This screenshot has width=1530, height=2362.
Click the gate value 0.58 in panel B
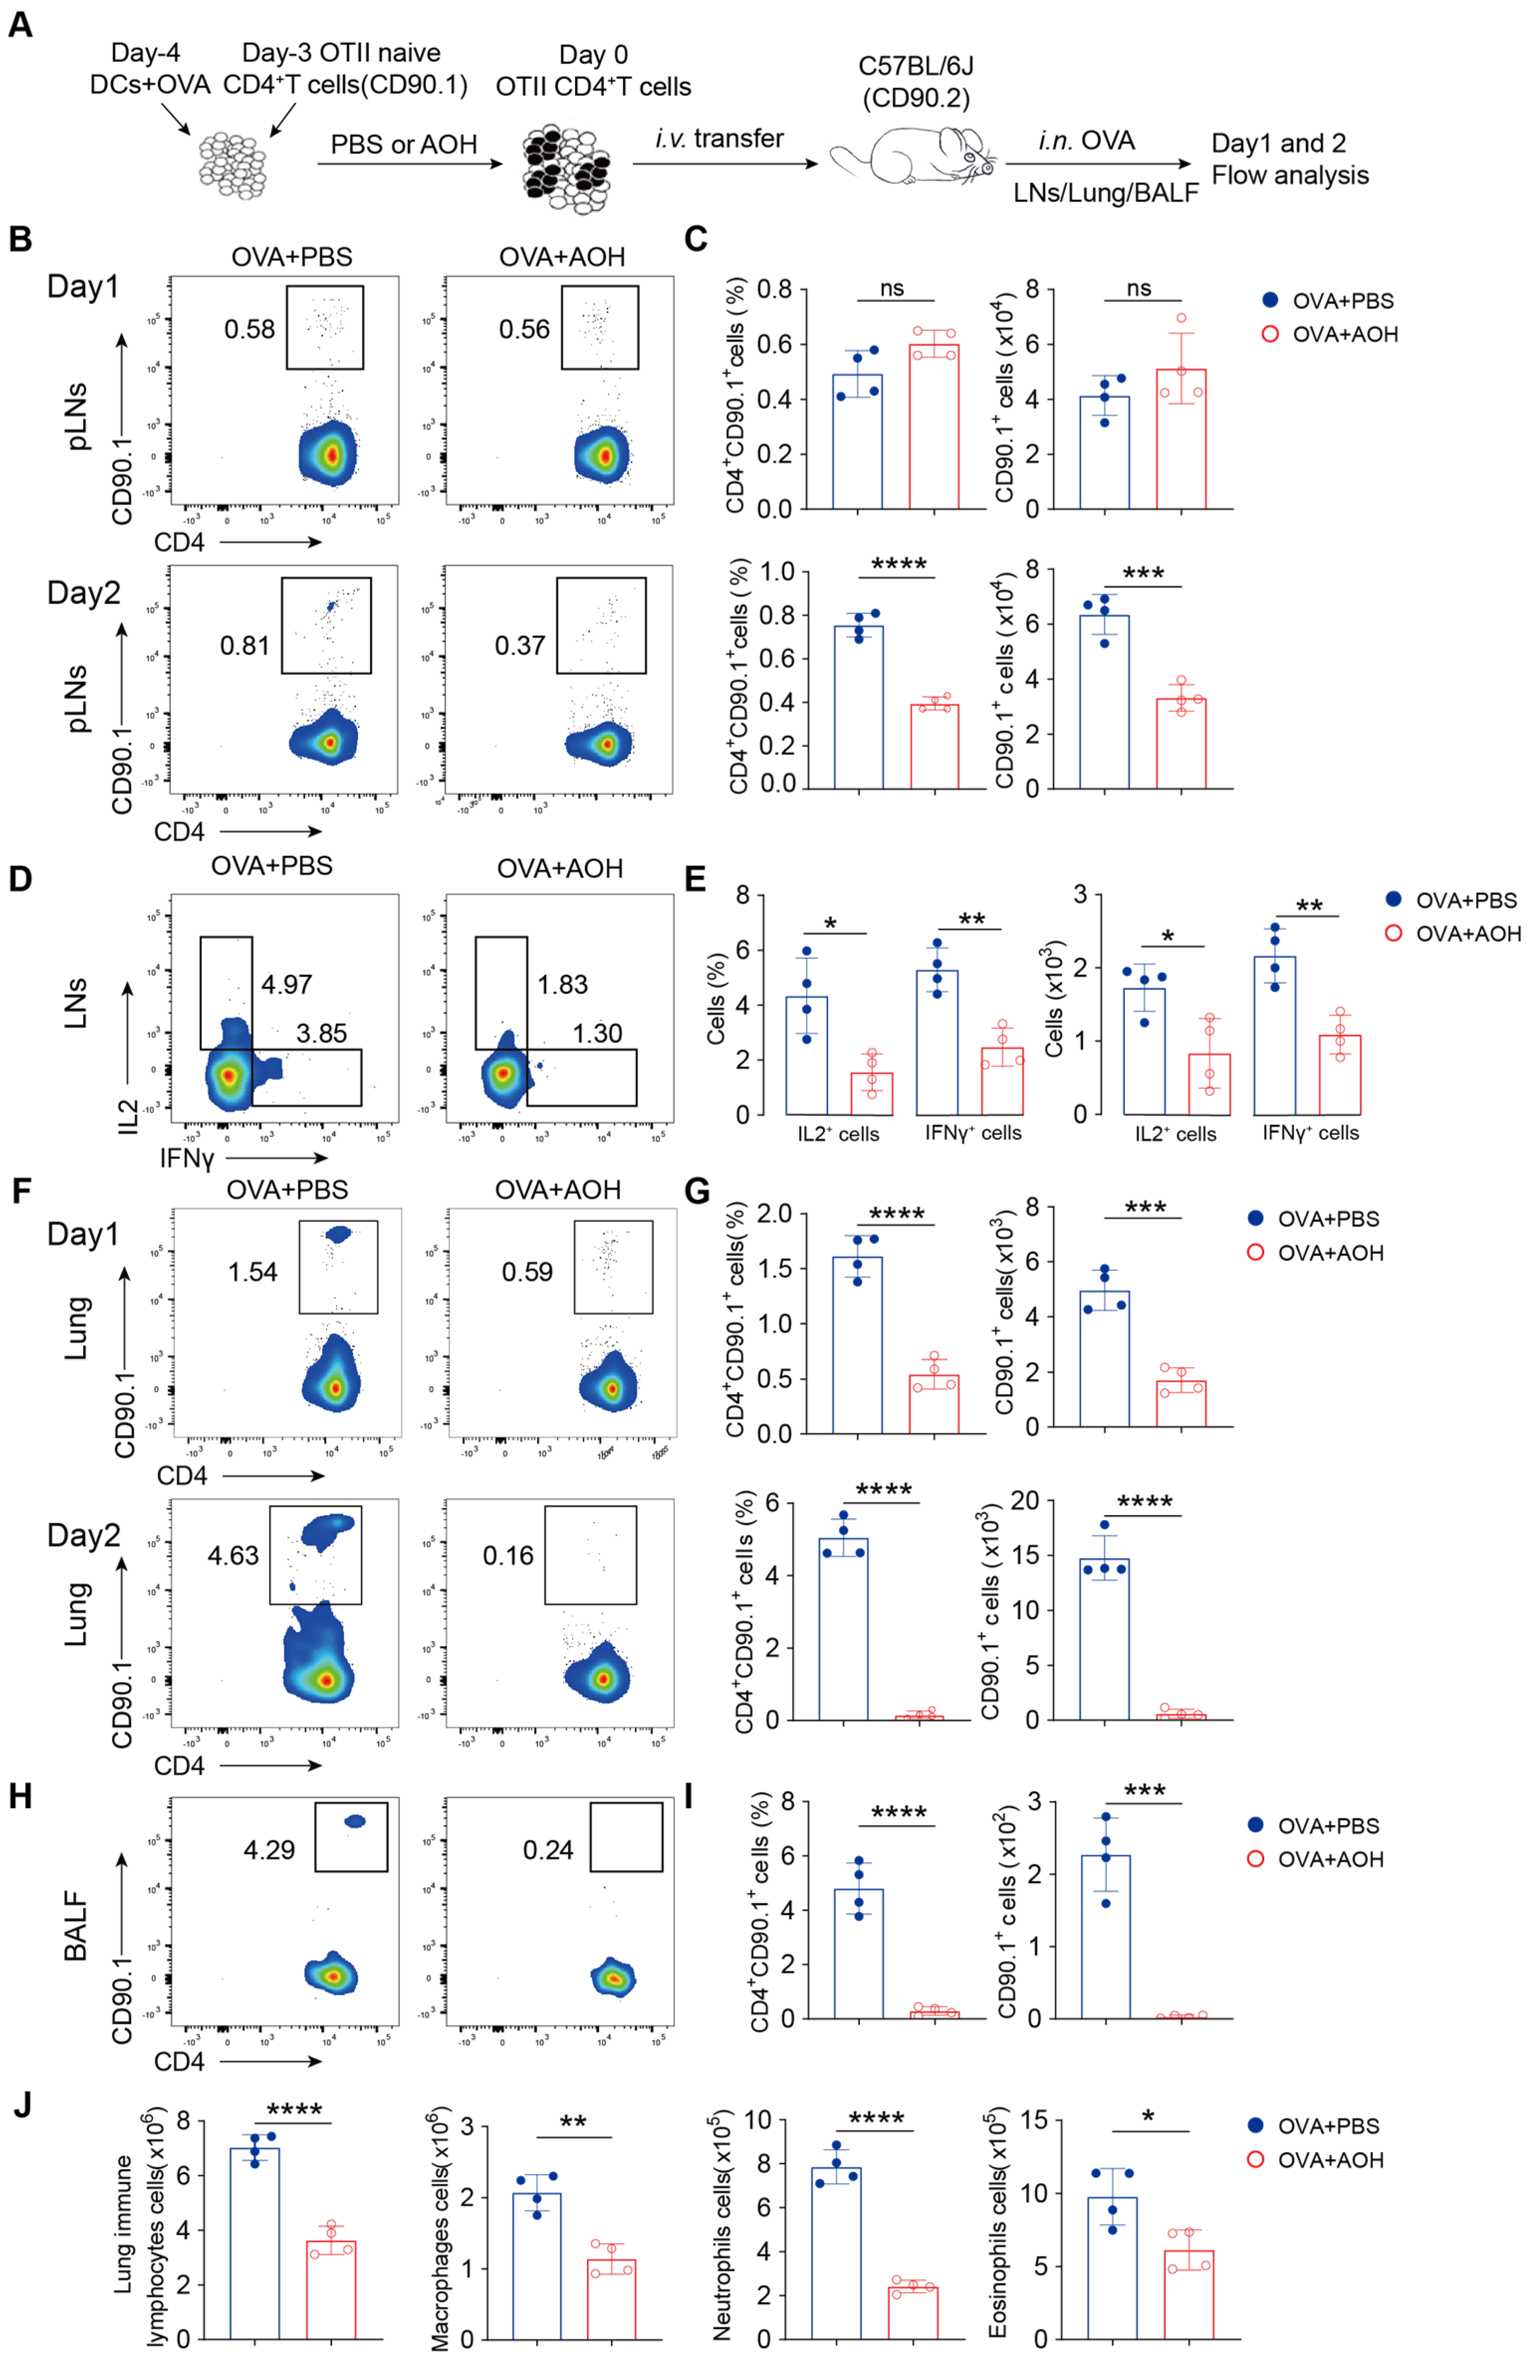coord(249,328)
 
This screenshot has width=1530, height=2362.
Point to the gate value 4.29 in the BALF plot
coord(269,1850)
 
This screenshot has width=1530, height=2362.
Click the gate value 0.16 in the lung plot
coord(508,1555)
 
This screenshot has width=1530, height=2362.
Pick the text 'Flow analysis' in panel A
coord(1290,176)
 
